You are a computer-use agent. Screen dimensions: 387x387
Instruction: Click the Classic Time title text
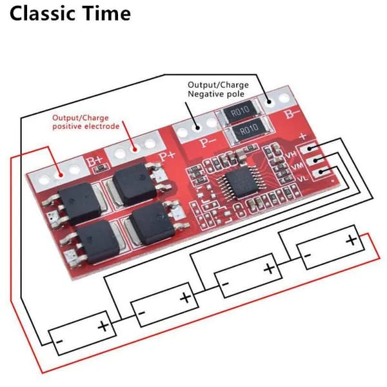coord(70,14)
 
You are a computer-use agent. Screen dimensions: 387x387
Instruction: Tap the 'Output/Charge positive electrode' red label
coord(86,122)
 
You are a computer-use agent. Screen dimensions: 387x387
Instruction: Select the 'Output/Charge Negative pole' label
coord(218,90)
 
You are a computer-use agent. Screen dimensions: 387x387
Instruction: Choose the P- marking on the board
coord(208,142)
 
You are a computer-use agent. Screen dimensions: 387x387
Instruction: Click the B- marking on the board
coord(292,114)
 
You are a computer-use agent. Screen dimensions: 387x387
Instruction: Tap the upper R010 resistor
coord(241,112)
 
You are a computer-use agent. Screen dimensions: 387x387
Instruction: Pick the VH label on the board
coord(290,155)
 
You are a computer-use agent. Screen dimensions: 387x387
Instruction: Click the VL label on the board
coord(303,178)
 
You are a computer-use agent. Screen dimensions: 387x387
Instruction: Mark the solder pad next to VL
coord(320,172)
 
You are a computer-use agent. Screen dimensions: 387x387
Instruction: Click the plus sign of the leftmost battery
coord(103,326)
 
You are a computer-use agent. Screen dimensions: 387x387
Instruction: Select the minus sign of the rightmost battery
coord(308,255)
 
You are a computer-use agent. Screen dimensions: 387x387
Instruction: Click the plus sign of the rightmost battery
coord(352,240)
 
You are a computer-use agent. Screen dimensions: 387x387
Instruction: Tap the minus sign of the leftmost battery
coord(59,342)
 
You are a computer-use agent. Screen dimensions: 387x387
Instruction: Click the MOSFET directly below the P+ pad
coord(135,184)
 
